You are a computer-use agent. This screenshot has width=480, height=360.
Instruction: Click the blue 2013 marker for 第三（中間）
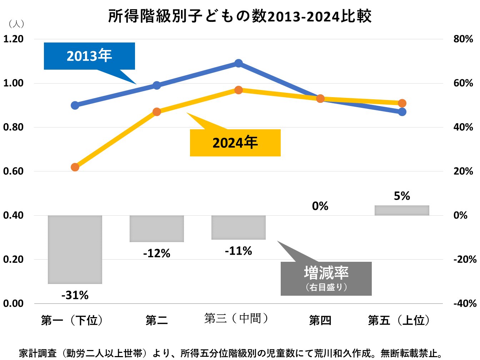point(239,64)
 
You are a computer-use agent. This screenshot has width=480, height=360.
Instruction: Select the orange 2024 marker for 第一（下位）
point(75,167)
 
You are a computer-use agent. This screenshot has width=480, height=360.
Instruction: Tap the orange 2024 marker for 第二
point(157,112)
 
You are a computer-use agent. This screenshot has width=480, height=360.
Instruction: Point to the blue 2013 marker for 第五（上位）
point(402,112)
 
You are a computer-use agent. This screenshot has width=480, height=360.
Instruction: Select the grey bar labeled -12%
point(157,229)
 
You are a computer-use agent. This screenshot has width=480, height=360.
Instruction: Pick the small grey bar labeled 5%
point(402,210)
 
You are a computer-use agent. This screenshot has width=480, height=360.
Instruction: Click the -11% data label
point(239,251)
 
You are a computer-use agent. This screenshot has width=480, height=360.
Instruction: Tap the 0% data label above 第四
point(320,206)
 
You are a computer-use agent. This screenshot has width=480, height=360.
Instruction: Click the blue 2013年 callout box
point(89,56)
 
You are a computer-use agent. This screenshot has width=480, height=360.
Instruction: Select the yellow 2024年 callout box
point(235,143)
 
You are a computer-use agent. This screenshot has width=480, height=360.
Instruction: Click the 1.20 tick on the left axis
point(14,39)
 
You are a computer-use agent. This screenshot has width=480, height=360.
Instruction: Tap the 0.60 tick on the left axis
point(14,171)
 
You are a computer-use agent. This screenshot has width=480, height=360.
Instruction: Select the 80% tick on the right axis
point(463,39)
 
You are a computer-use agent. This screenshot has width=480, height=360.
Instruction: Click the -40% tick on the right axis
point(465,303)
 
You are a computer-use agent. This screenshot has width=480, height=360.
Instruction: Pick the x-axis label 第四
point(320,320)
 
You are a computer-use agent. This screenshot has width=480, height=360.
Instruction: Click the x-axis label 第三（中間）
point(236,318)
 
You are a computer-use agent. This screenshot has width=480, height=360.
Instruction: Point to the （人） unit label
point(16,24)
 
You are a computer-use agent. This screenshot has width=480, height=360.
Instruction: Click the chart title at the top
point(240,16)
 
